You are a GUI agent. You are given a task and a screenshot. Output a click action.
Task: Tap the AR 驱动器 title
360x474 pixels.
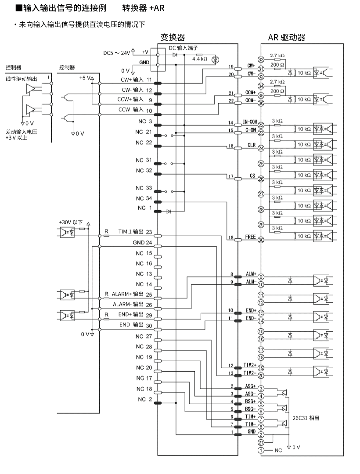tap(287, 37)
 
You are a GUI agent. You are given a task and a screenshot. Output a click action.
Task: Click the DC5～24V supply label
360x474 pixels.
tap(117, 53)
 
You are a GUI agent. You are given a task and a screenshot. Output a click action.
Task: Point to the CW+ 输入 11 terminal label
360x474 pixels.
tap(137, 80)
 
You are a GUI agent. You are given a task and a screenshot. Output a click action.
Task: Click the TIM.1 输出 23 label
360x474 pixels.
tap(135, 232)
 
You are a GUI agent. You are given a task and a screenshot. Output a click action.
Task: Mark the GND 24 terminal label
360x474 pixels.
tap(142, 242)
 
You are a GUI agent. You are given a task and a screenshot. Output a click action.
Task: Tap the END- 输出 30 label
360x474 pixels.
tap(136, 325)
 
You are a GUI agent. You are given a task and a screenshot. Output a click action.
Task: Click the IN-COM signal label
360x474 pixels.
tap(249, 122)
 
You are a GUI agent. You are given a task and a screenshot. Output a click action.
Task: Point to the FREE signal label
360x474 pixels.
tap(250, 237)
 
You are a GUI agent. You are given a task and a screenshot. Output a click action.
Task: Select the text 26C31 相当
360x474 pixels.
tap(306, 418)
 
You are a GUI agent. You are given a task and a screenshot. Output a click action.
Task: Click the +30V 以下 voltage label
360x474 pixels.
tap(71, 222)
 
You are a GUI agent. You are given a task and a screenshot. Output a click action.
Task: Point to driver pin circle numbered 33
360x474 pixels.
tap(261, 59)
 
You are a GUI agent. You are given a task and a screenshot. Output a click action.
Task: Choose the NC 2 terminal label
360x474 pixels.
tap(144, 399)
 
